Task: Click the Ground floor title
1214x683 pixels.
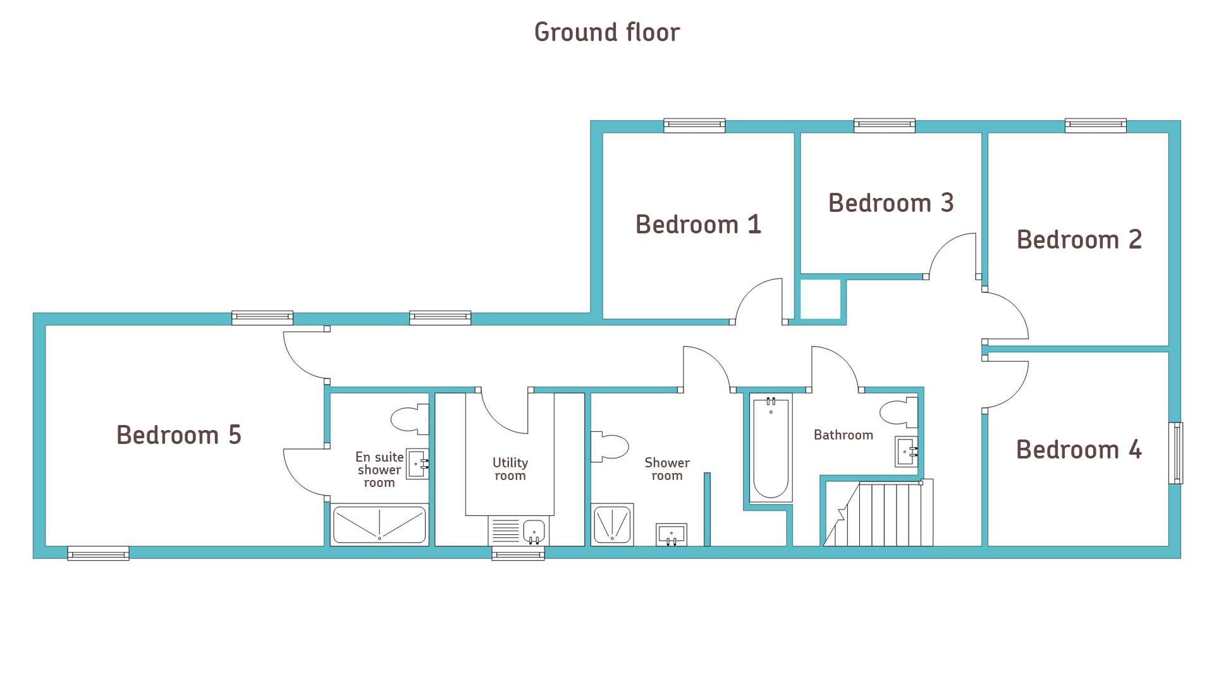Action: click(x=607, y=32)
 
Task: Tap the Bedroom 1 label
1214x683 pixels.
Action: click(x=698, y=225)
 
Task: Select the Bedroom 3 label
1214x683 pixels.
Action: click(x=891, y=203)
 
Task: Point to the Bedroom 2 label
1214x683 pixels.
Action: click(x=1079, y=240)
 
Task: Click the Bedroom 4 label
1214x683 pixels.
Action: click(x=1079, y=450)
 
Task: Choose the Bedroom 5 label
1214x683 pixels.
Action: click(x=179, y=435)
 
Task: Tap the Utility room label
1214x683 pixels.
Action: click(x=510, y=469)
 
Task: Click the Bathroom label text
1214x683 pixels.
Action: click(x=843, y=435)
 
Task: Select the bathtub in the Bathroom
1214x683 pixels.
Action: click(x=771, y=448)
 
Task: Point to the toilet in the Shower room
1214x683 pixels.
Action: click(x=610, y=447)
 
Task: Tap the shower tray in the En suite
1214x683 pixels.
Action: click(x=379, y=524)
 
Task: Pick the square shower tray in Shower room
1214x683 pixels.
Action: click(x=612, y=524)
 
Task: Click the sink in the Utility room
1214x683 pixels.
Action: click(x=534, y=531)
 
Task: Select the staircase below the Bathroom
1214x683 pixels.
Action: click(x=878, y=513)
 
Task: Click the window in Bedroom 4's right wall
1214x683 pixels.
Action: click(x=1176, y=453)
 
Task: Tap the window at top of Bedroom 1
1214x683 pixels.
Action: click(x=694, y=125)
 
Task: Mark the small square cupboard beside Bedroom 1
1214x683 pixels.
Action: click(x=820, y=299)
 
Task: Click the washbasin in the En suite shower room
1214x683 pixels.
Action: click(x=417, y=464)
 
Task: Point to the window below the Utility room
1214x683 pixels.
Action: click(x=518, y=554)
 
